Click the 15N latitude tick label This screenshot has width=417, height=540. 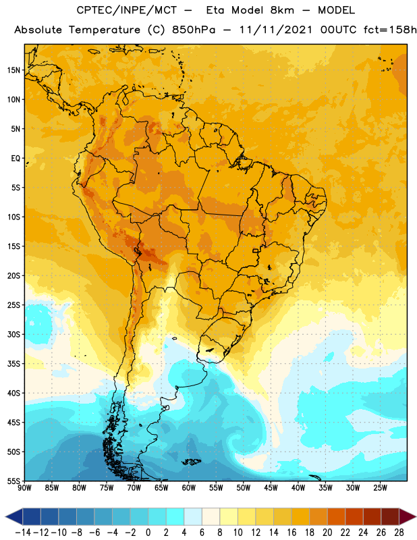pos(13,70)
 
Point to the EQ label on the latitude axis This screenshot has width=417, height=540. pos(16,159)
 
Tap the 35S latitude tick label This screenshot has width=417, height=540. pos(13,364)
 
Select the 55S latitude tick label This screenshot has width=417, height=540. pos(13,481)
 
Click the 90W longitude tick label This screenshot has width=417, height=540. pos(24,488)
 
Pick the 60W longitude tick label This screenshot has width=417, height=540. pos(189,488)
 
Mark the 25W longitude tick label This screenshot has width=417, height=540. pos(380,488)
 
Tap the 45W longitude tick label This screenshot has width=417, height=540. pos(271,488)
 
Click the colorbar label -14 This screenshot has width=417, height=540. pos(23,533)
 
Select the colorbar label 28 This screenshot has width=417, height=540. pos(399,533)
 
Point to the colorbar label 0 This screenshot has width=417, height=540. pos(148,533)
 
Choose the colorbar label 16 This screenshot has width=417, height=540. pos(291,533)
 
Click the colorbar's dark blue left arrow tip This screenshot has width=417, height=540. pos(5,516)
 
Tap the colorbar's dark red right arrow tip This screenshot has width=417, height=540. pos(416,516)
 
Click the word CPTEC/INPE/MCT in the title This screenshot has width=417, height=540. pos(127,10)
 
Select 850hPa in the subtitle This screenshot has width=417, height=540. pos(194,30)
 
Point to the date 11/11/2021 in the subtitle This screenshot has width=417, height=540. pos(276,30)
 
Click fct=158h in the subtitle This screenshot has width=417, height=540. pos(390,30)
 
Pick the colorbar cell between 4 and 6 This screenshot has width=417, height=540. pos(193,516)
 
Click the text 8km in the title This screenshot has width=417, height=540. pos(282,10)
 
